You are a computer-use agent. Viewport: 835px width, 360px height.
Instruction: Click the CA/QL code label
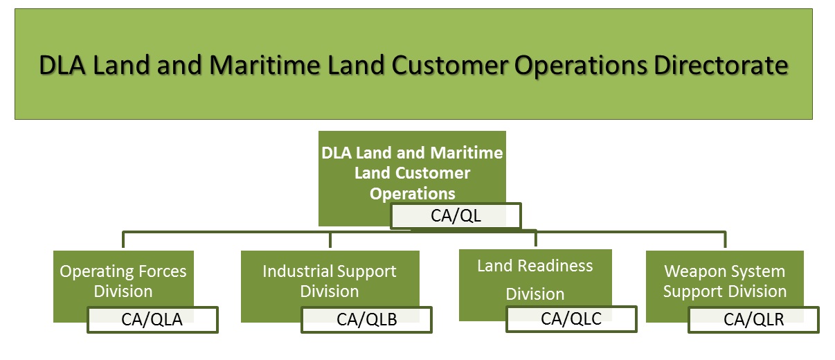point(456,216)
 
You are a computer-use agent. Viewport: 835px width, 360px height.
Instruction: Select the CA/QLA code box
point(152,320)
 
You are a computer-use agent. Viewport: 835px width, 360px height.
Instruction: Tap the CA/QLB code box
point(366,319)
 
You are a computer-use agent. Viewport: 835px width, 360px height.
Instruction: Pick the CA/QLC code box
point(571,318)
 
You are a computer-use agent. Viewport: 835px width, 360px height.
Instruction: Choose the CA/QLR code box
point(753,320)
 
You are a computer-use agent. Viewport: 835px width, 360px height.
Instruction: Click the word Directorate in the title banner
point(720,65)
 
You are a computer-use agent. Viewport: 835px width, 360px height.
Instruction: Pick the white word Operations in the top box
point(413,194)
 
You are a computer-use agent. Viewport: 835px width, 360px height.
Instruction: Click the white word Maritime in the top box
point(469,152)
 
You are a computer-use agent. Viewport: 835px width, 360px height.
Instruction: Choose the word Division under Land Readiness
point(535,294)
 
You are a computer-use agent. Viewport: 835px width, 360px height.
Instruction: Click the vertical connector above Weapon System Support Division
point(725,240)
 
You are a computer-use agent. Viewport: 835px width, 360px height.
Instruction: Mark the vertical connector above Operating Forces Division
point(123,240)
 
